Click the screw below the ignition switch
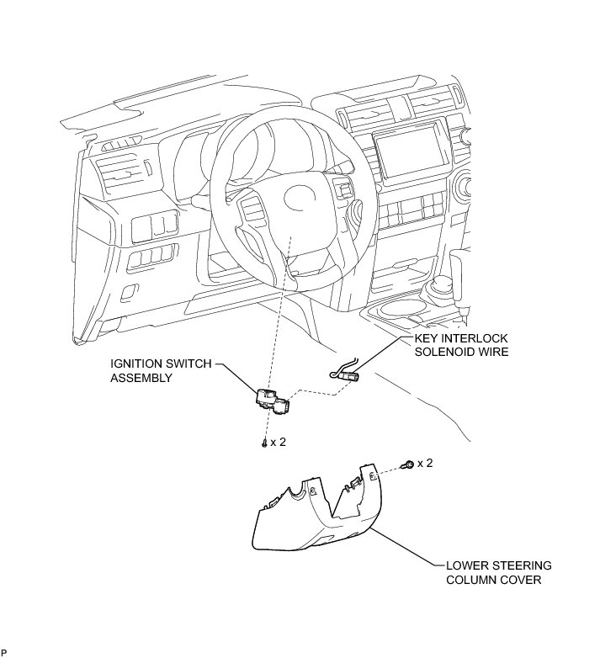click(x=265, y=443)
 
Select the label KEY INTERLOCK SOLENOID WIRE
click(x=461, y=346)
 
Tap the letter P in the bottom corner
click(x=4, y=652)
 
